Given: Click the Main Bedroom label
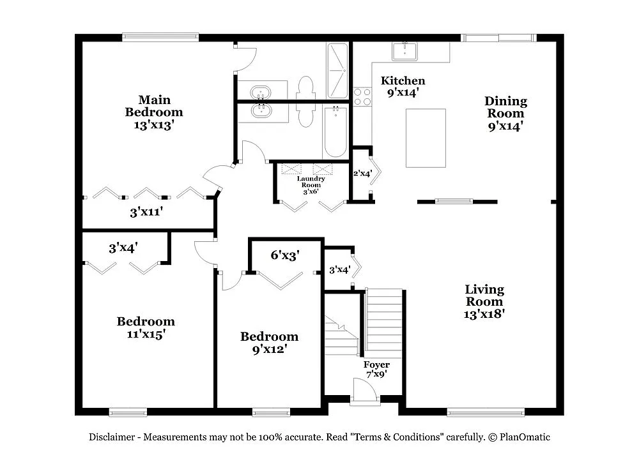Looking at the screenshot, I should (x=153, y=112).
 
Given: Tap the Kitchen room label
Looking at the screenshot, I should (x=403, y=86).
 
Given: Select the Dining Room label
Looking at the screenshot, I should (x=505, y=114).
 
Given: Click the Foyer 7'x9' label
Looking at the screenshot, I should (x=376, y=370).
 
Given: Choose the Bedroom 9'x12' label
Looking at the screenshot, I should (x=269, y=343).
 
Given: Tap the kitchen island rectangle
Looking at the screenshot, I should (x=426, y=138).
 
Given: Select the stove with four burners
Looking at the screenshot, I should (x=362, y=96).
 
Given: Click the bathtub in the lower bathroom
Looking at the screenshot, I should (x=335, y=132).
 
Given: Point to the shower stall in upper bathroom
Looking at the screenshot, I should (x=337, y=70).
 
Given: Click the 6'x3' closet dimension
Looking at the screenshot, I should (x=285, y=255).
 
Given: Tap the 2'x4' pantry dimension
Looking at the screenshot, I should (x=362, y=173).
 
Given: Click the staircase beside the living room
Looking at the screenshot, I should (x=384, y=322).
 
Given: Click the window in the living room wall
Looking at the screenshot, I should (x=485, y=412).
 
